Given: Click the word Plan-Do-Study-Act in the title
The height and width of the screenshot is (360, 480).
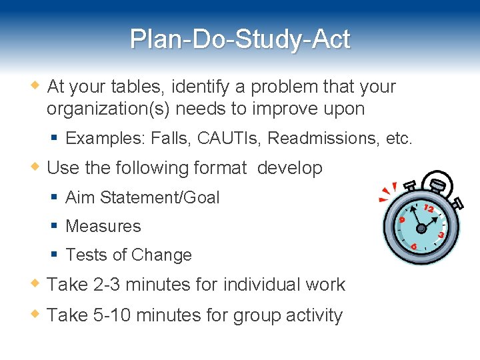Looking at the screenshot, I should (240, 39).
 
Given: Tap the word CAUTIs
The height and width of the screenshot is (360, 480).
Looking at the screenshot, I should (229, 138).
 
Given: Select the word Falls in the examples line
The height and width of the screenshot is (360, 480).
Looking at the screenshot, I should (170, 138).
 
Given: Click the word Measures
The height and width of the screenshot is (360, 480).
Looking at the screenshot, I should (103, 226).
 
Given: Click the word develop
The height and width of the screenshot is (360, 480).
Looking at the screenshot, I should (289, 168).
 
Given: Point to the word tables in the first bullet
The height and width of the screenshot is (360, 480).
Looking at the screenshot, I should (141, 87).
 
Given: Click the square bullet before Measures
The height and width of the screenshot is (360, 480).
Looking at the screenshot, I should (55, 226).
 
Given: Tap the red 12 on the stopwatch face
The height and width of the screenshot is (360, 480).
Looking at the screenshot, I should (429, 209).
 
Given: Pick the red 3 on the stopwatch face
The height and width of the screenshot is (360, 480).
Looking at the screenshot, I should (441, 235).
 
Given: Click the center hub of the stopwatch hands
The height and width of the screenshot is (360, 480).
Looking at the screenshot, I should (421, 227).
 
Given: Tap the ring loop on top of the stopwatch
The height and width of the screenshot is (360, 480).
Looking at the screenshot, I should (437, 182).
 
